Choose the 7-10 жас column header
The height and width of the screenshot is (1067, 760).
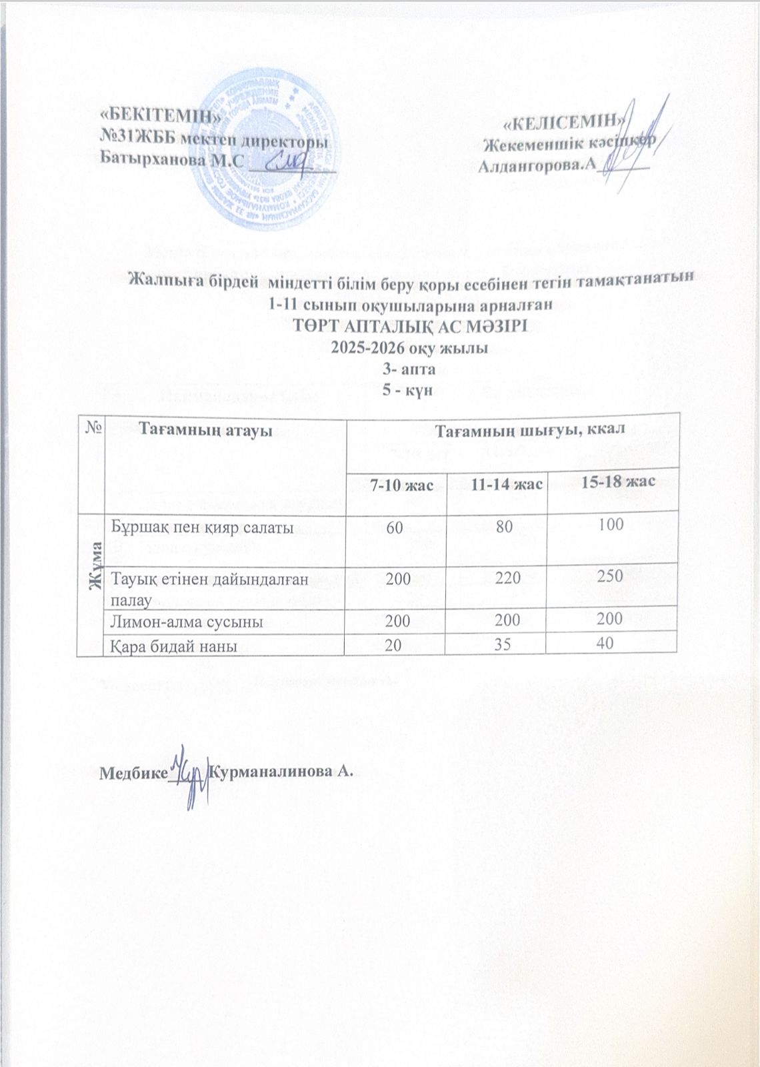click(x=399, y=485)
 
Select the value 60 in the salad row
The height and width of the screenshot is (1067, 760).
click(x=394, y=527)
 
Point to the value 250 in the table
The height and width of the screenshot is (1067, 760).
click(x=610, y=576)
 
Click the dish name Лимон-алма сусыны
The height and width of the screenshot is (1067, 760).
click(x=186, y=622)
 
